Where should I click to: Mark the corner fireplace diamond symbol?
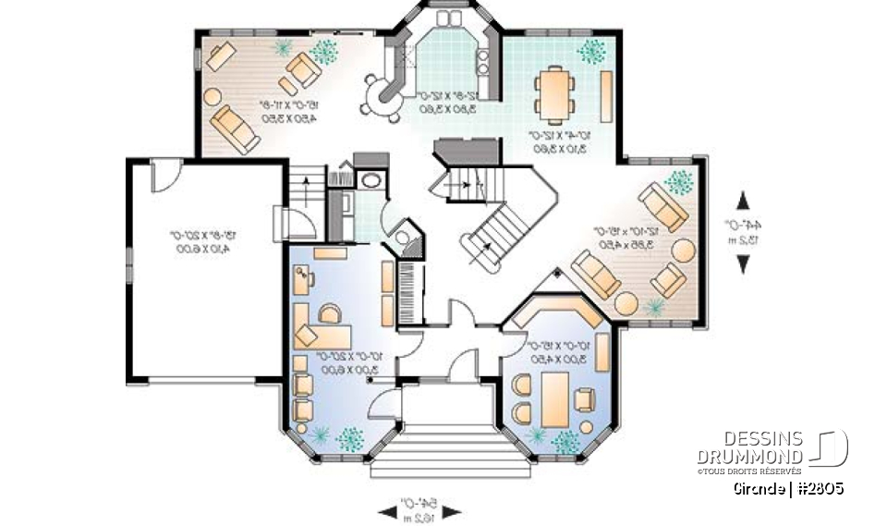[558, 274]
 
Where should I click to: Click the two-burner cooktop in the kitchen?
[481, 62]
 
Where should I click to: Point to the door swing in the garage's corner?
[164, 173]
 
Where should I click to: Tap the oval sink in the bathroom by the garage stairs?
[371, 179]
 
